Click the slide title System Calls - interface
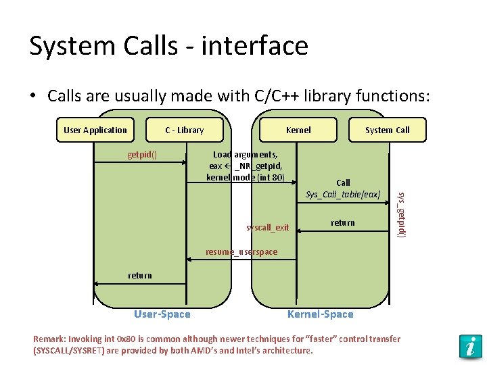(168, 46)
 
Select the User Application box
(95, 130)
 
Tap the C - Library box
(185, 130)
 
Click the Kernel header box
(298, 130)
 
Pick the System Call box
(387, 130)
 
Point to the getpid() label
(142, 154)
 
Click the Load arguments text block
(246, 166)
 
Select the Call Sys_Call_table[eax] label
(343, 189)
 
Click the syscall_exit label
(268, 228)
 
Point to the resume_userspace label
(241, 252)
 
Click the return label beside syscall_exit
(342, 222)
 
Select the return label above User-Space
(140, 275)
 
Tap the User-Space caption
(162, 314)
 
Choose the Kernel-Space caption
(320, 314)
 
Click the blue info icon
(470, 346)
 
